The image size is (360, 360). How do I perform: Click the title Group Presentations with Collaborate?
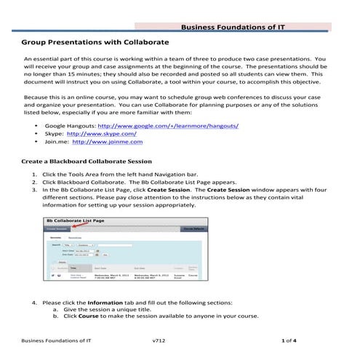(95, 42)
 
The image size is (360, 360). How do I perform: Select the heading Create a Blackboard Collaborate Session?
(87, 161)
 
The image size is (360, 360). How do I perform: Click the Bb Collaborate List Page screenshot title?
(76, 219)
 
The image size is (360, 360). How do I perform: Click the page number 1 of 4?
(289, 340)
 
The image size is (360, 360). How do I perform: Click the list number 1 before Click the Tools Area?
(35, 175)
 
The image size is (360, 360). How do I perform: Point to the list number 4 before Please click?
(35, 302)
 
